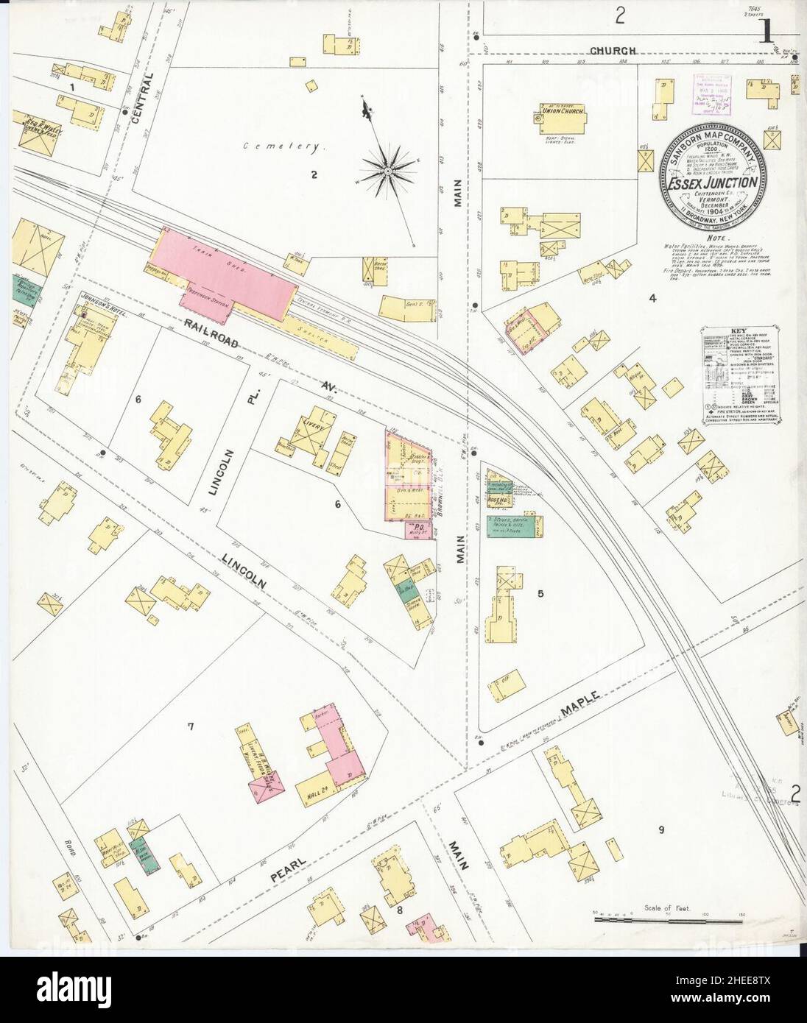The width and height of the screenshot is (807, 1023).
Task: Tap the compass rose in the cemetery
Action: coord(387,171)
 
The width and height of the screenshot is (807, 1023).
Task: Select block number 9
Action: coord(661,830)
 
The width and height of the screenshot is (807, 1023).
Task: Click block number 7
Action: coord(190,727)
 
